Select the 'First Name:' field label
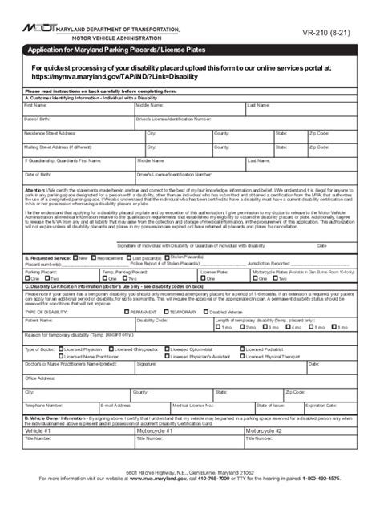pyautogui.click(x=35, y=105)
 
